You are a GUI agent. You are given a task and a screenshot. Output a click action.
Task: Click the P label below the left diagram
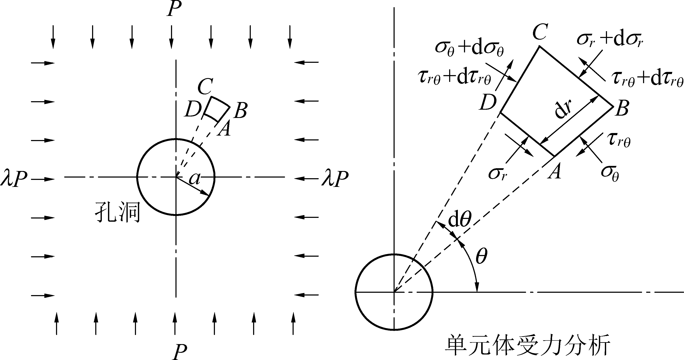coord(180,352)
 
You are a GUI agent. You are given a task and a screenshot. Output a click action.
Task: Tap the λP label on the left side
coord(14,178)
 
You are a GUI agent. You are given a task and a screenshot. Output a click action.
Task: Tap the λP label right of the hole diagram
coord(335,178)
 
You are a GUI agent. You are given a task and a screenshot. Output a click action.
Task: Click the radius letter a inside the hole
coord(194,178)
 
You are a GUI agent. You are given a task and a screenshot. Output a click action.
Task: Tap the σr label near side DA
coord(497,174)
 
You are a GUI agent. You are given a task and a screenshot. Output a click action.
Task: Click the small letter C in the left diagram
coord(205,87)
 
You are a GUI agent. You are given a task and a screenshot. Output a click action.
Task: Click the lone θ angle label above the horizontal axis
coord(481,256)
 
